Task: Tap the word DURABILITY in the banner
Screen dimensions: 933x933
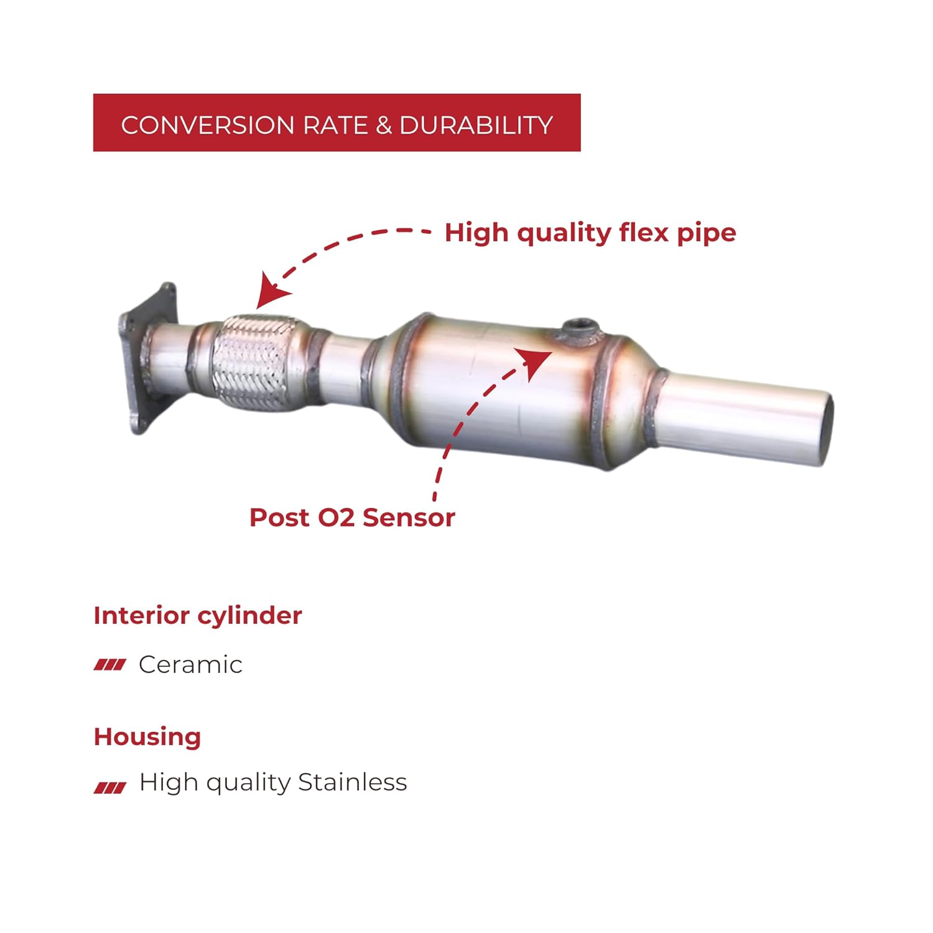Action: point(476,125)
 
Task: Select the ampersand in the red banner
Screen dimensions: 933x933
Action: point(384,125)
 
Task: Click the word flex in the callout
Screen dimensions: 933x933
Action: point(643,233)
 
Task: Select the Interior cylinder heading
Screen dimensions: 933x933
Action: point(198,615)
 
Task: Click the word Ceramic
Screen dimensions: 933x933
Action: point(190,664)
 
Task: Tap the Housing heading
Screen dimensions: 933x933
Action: point(147,736)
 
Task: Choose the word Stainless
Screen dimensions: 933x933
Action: point(352,782)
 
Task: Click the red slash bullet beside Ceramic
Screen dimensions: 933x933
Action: point(109,666)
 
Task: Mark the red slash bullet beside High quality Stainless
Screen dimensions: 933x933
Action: point(109,788)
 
